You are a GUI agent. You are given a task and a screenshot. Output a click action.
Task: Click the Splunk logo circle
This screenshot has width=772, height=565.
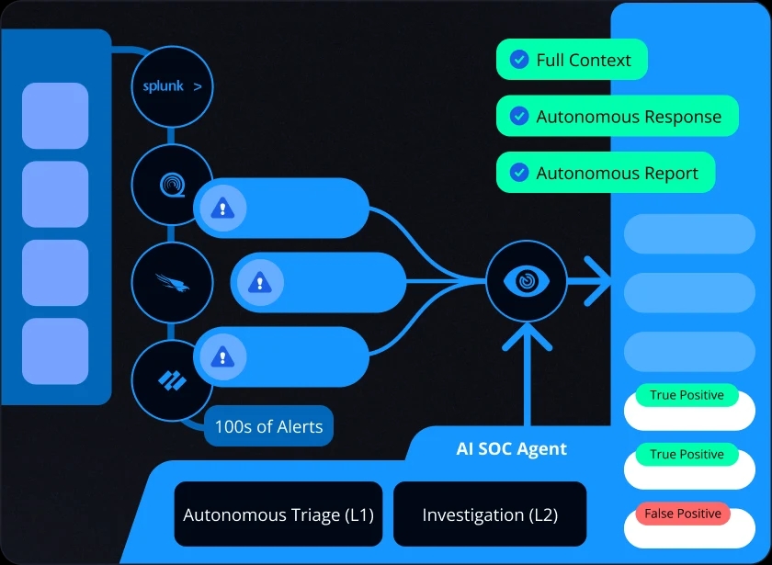172,87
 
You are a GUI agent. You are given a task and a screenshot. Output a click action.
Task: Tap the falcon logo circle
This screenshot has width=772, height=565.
172,282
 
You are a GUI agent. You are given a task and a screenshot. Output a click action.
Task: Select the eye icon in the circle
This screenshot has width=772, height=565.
527,281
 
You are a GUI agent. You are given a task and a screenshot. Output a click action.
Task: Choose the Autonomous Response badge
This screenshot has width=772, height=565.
618,117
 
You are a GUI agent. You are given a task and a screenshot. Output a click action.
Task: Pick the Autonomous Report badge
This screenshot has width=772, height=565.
606,173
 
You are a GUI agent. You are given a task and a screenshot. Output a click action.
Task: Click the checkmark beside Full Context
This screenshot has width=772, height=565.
519,61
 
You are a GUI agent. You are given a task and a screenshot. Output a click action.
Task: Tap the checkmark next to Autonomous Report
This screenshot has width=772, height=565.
519,173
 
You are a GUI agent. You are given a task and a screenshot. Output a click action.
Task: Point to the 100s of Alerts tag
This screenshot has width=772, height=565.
268,426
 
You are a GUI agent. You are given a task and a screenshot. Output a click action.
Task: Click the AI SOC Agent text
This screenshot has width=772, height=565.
512,449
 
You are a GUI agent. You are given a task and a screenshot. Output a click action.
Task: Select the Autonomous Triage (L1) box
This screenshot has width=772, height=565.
278,514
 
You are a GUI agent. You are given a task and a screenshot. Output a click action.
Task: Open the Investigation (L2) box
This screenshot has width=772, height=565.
490,514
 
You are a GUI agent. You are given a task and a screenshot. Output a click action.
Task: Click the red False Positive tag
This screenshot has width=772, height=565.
683,514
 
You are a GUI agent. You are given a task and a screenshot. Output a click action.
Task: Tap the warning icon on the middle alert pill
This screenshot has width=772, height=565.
260,282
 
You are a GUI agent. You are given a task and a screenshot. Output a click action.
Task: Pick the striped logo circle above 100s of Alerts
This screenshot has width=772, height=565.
172,379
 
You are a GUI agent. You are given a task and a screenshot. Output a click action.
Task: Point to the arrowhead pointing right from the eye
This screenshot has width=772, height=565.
600,281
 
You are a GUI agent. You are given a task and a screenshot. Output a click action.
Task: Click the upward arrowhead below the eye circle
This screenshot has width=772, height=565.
527,337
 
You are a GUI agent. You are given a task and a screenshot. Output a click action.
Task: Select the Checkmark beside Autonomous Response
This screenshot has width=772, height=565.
519,117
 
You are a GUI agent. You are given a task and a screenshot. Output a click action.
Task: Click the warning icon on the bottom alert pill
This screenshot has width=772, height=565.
221,356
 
